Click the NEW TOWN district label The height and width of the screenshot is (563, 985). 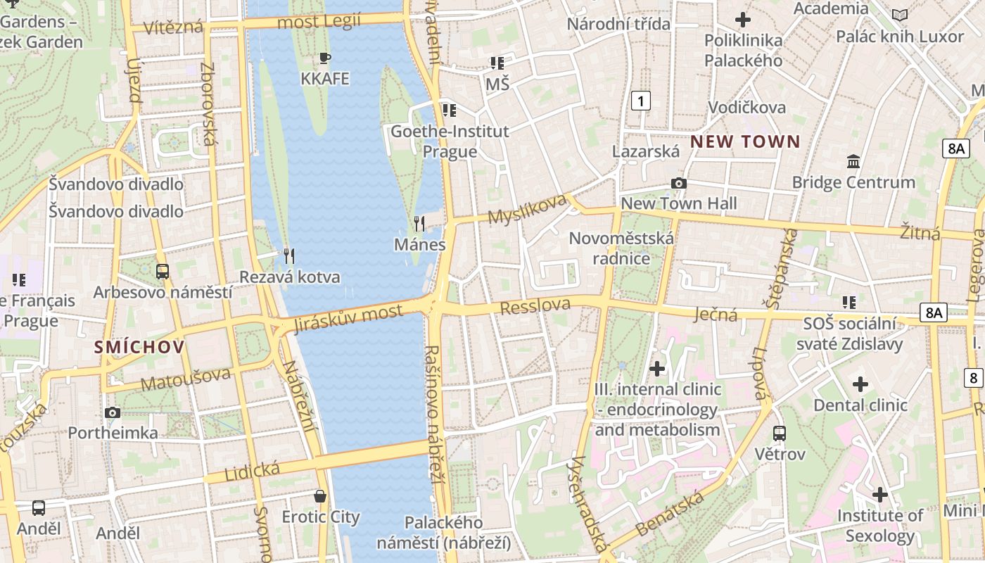745,141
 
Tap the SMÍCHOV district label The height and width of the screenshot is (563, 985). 139,346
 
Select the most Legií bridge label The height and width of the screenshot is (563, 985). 319,22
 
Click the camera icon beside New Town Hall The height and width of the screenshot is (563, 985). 679,183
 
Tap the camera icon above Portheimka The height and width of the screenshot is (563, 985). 112,412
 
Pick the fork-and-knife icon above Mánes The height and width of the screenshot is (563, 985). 419,224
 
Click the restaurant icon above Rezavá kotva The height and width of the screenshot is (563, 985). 289,256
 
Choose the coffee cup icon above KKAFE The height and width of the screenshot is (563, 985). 324,58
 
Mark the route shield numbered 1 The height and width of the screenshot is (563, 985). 640,101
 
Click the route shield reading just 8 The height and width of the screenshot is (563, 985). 974,378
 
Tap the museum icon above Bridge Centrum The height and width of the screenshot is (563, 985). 853,162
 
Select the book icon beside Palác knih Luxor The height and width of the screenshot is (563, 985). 899,15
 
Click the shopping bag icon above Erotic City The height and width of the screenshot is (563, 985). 320,496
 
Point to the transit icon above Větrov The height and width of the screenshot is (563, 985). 780,433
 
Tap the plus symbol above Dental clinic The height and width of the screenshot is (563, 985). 860,384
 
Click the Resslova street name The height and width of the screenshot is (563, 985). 535,306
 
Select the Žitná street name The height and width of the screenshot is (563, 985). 920,232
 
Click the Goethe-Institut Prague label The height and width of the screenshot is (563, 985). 450,141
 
